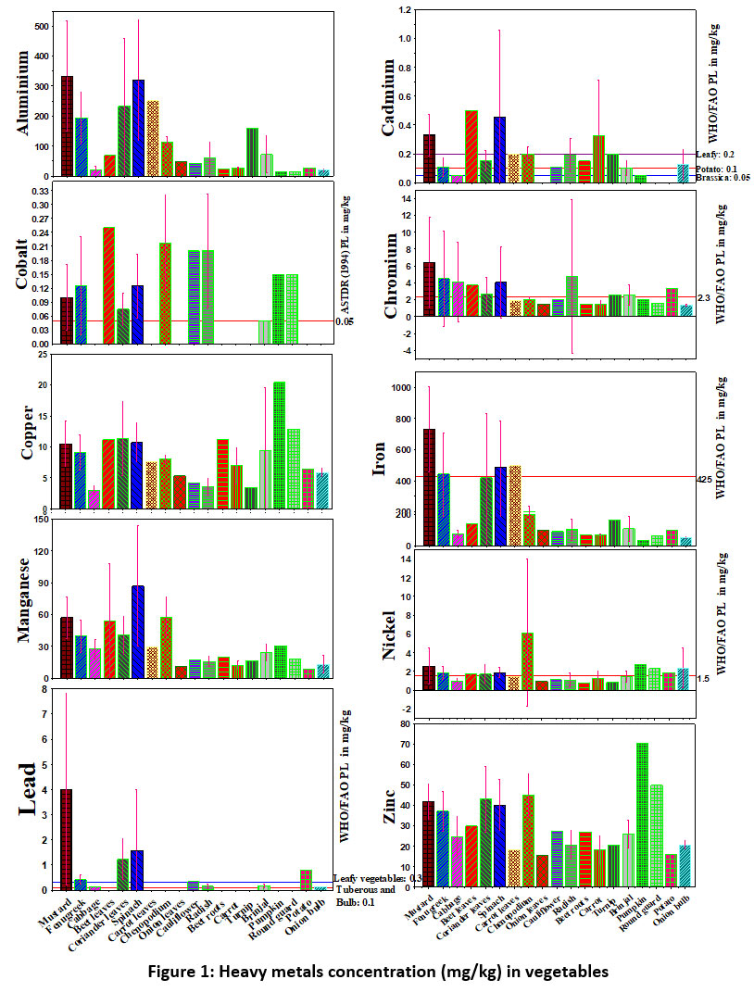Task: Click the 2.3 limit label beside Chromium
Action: pos(703,296)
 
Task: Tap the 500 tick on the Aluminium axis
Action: pos(40,26)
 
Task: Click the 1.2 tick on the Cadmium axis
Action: pos(405,10)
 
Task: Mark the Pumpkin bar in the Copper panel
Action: pos(280,445)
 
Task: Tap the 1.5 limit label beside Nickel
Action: pos(703,679)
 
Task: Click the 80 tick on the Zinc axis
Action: pos(406,722)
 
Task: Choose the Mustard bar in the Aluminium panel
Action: pos(67,125)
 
